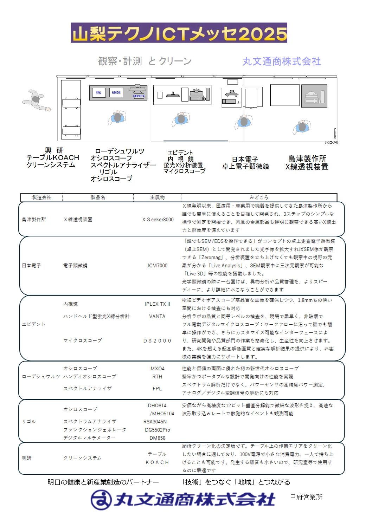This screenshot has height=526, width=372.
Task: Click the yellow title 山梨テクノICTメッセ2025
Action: (x=179, y=33)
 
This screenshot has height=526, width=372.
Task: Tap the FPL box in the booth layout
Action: (x=98, y=93)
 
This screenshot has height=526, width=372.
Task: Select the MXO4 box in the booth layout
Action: (x=116, y=93)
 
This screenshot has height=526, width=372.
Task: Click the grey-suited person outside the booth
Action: (x=36, y=100)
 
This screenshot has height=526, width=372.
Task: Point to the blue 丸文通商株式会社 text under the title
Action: (x=282, y=61)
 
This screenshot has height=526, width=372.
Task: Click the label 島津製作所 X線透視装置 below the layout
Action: (x=307, y=163)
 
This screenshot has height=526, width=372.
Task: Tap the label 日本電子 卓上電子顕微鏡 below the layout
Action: (x=245, y=163)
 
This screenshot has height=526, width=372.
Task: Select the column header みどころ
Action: (x=259, y=197)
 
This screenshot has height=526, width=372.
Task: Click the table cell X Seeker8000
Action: (x=158, y=220)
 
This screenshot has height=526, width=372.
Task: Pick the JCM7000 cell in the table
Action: (x=157, y=266)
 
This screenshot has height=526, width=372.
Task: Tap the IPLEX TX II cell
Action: (x=157, y=304)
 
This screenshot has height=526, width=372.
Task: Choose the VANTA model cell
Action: (x=157, y=316)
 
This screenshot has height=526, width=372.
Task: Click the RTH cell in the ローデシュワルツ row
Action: (x=157, y=377)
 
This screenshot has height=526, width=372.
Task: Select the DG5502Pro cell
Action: (x=157, y=430)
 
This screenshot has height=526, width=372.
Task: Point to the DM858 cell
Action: (x=157, y=438)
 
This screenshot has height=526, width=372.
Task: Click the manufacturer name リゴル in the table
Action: (x=29, y=421)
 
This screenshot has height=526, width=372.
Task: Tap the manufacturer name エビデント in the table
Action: (x=34, y=324)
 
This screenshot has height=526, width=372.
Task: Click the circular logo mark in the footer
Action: (x=101, y=500)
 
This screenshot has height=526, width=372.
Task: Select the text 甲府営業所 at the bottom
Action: (x=306, y=497)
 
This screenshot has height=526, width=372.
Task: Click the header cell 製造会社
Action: (x=41, y=197)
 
